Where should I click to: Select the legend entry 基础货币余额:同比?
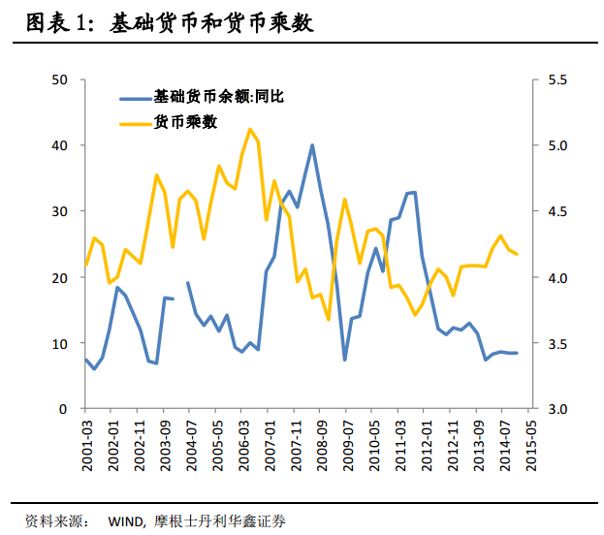coord(218,97)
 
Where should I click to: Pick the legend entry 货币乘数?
coord(184,122)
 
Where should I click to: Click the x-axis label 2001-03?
coord(87,441)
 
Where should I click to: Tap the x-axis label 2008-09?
coord(321,441)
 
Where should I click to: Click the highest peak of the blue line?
coord(312,145)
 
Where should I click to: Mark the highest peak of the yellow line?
coord(250,129)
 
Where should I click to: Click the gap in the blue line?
coord(180,291)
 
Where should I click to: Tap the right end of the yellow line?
coord(516,254)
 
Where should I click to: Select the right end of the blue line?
coord(516,353)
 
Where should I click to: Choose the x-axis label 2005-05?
coord(218,441)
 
